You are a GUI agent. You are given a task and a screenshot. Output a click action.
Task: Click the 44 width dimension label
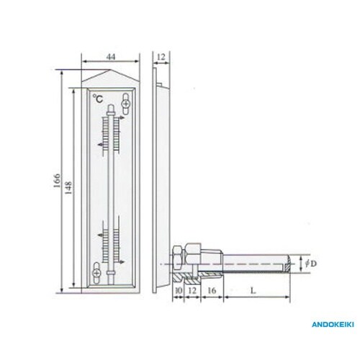click(x=111, y=57)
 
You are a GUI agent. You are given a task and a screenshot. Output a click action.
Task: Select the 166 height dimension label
click(x=58, y=181)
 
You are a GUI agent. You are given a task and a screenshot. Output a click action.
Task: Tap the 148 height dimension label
click(x=68, y=188)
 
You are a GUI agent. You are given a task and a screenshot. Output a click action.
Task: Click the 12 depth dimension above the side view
click(x=161, y=57)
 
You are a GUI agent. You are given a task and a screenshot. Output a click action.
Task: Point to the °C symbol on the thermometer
click(x=98, y=99)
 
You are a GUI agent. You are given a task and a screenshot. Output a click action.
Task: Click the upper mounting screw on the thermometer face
click(x=125, y=104)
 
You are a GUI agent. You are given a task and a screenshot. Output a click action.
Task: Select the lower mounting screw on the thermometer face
click(x=96, y=273)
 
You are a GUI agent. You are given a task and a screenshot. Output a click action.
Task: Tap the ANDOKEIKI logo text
click(x=333, y=325)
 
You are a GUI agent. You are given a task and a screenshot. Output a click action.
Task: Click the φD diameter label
click(x=311, y=264)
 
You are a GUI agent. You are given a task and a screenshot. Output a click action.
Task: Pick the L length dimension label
click(x=253, y=291)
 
